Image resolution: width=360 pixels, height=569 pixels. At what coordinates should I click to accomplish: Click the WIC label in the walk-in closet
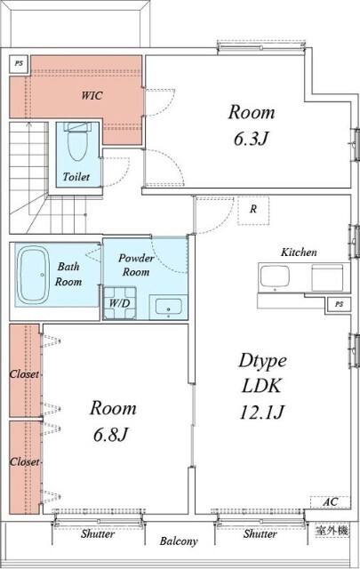click(92, 95)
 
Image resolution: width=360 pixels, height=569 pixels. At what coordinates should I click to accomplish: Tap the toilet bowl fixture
click(77, 141)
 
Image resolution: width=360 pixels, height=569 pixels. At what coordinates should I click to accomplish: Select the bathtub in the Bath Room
click(34, 276)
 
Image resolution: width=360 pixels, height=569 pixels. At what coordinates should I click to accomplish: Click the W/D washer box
click(120, 303)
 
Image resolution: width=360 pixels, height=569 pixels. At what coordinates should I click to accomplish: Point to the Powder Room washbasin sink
click(168, 307)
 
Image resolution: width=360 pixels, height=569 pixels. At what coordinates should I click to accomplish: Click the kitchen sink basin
click(275, 276)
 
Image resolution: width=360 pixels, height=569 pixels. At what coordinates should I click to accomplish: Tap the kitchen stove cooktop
click(327, 277)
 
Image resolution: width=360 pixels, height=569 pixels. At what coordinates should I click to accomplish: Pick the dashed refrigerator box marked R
click(253, 211)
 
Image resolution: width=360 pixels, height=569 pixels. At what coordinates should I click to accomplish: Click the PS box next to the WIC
click(19, 63)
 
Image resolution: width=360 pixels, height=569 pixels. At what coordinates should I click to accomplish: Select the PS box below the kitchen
click(339, 304)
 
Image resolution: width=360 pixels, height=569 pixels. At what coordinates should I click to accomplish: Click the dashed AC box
click(331, 502)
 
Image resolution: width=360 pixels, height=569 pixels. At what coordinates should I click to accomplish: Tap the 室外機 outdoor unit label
click(332, 531)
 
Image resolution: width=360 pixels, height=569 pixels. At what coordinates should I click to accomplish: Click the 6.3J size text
click(252, 139)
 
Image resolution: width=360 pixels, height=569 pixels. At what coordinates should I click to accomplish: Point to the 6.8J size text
click(111, 434)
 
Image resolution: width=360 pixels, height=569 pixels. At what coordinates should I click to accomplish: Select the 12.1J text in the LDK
click(261, 412)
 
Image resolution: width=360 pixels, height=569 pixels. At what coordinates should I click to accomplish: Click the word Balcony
click(179, 541)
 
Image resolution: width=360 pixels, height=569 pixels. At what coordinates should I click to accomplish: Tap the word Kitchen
click(299, 252)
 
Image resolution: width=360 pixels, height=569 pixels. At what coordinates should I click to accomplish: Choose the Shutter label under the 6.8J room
click(98, 533)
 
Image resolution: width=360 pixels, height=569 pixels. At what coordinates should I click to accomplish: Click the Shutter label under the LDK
click(260, 533)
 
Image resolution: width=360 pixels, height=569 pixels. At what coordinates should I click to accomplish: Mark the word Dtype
click(262, 361)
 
